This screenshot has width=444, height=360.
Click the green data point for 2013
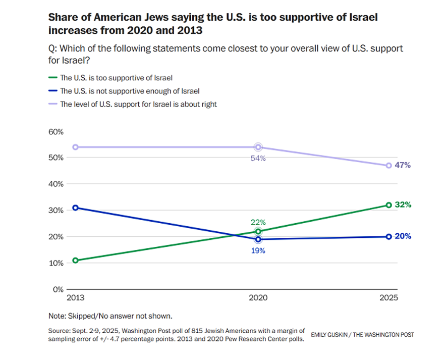(75, 261)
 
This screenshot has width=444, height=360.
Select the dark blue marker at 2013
(75, 208)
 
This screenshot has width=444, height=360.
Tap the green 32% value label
(404, 204)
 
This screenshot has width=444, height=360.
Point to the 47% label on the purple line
(404, 165)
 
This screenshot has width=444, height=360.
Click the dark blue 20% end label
(404, 236)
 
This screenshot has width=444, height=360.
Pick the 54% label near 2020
(258, 158)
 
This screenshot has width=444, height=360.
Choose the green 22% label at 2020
(258, 222)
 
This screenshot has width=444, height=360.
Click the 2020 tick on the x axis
(258, 297)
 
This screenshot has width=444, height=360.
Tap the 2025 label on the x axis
(388, 297)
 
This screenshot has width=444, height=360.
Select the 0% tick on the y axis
(58, 289)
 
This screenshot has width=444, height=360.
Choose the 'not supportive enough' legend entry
(129, 91)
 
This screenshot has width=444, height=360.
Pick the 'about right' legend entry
(138, 104)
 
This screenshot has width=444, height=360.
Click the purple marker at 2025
(388, 166)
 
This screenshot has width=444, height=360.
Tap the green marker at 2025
(388, 205)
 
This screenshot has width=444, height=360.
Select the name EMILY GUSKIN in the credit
(328, 335)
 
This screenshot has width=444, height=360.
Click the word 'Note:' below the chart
(57, 317)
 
